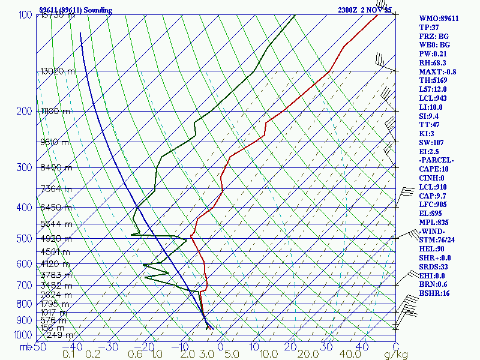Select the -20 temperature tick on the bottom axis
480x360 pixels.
tap(146, 347)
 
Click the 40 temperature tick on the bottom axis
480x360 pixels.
tap(362, 347)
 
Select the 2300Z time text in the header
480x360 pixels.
tap(348, 10)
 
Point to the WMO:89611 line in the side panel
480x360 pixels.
tap(439, 19)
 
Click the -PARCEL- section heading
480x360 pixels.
tap(437, 160)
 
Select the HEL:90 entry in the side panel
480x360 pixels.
tap(432, 249)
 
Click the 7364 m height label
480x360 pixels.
tap(56, 189)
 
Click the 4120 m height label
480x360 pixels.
tap(55, 264)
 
